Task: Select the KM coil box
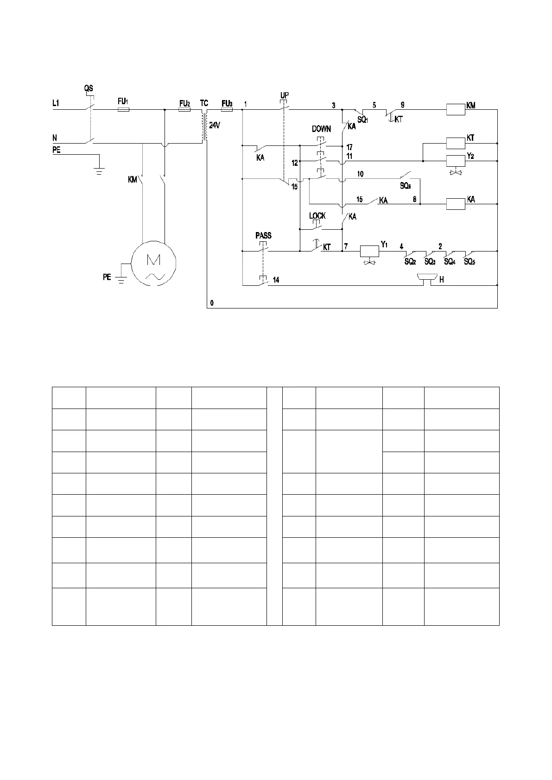(x=455, y=110)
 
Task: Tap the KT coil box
(x=455, y=143)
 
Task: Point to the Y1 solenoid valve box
(x=369, y=251)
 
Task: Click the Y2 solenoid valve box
(x=455, y=161)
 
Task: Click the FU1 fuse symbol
(x=123, y=110)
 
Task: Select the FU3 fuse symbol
(x=227, y=110)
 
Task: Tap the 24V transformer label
(x=214, y=125)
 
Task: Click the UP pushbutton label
(x=285, y=95)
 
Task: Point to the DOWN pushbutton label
(x=321, y=129)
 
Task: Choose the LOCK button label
(x=317, y=216)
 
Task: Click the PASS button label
(x=263, y=236)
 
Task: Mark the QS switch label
(x=88, y=88)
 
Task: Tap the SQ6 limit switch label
(x=405, y=186)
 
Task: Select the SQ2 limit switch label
(x=410, y=262)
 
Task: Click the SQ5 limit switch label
(x=469, y=262)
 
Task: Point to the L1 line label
(x=56, y=103)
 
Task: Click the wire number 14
(x=276, y=280)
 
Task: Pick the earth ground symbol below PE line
(x=98, y=170)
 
